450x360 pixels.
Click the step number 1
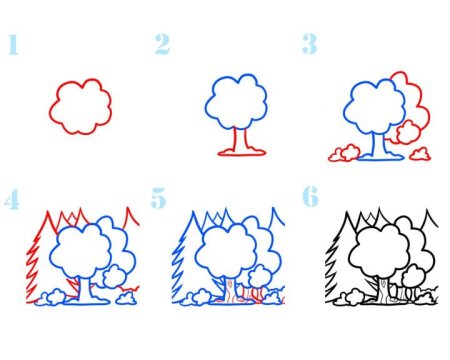click(x=13, y=44)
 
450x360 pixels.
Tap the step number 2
click(x=162, y=44)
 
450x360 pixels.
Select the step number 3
click(x=310, y=44)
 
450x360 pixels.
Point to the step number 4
click(x=12, y=200)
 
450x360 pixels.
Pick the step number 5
click(x=158, y=198)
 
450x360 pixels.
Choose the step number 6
click(x=310, y=196)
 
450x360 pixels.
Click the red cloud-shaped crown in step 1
click(x=50, y=110)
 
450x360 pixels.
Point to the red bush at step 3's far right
click(x=420, y=154)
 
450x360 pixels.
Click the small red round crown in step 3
click(x=408, y=132)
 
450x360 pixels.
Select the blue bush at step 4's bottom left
click(x=50, y=298)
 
